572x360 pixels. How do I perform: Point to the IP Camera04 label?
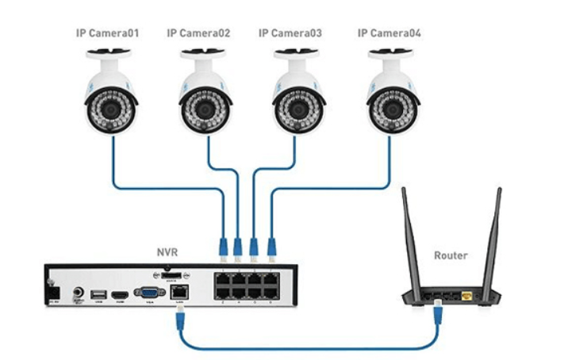click(390, 33)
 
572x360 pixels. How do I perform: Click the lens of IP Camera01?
click(111, 105)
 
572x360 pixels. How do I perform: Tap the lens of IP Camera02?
click(204, 105)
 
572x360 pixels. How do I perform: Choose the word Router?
click(451, 256)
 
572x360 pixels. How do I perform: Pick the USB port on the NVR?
click(99, 295)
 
